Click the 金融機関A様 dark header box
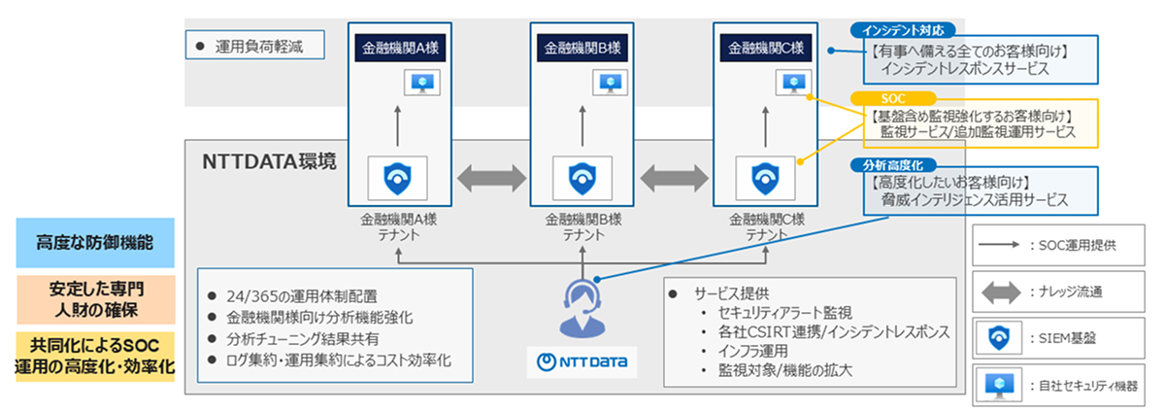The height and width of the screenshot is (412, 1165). click(x=398, y=47)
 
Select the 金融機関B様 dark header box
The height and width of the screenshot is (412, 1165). click(x=582, y=47)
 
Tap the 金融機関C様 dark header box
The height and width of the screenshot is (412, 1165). click(x=765, y=47)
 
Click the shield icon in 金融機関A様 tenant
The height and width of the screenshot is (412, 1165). click(x=398, y=178)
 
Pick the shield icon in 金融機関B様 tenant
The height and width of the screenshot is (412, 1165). click(x=582, y=178)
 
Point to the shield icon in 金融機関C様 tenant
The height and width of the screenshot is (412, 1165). click(x=765, y=178)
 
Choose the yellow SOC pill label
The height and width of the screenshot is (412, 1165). click(x=892, y=98)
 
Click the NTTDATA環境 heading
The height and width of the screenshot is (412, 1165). click(x=269, y=160)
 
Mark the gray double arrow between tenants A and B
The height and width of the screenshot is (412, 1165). click(x=490, y=179)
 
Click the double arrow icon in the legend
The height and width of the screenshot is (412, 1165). click(x=1000, y=290)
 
